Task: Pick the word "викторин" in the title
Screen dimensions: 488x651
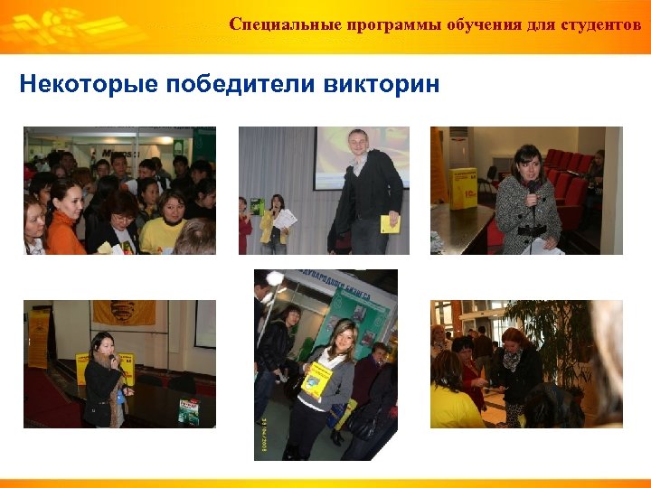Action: [x=381, y=85]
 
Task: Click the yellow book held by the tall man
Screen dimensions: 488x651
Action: [x=390, y=223]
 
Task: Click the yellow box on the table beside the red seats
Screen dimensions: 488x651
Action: [x=463, y=187]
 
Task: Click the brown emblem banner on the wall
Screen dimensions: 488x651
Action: [x=124, y=312]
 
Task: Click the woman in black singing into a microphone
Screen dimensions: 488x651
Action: [x=102, y=380]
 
